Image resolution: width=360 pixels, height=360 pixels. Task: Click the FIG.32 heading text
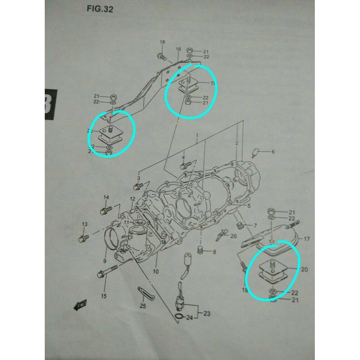pos(100,9)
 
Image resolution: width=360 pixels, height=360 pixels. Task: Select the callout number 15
pos(104,296)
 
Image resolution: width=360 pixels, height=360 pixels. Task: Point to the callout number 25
pos(143,306)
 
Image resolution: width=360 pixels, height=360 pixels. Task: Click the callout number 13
pos(85,224)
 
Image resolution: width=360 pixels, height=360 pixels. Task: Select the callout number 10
pos(155,272)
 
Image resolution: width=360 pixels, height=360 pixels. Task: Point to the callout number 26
pos(233,236)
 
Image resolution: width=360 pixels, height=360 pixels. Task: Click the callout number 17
pos(306,239)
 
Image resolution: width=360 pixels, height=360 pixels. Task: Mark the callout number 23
pos(207,314)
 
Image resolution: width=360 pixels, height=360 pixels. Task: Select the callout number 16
pos(178,49)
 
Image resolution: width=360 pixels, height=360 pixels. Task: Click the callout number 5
pos(249,206)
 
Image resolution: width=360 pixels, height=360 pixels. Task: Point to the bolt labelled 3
pos(138,187)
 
